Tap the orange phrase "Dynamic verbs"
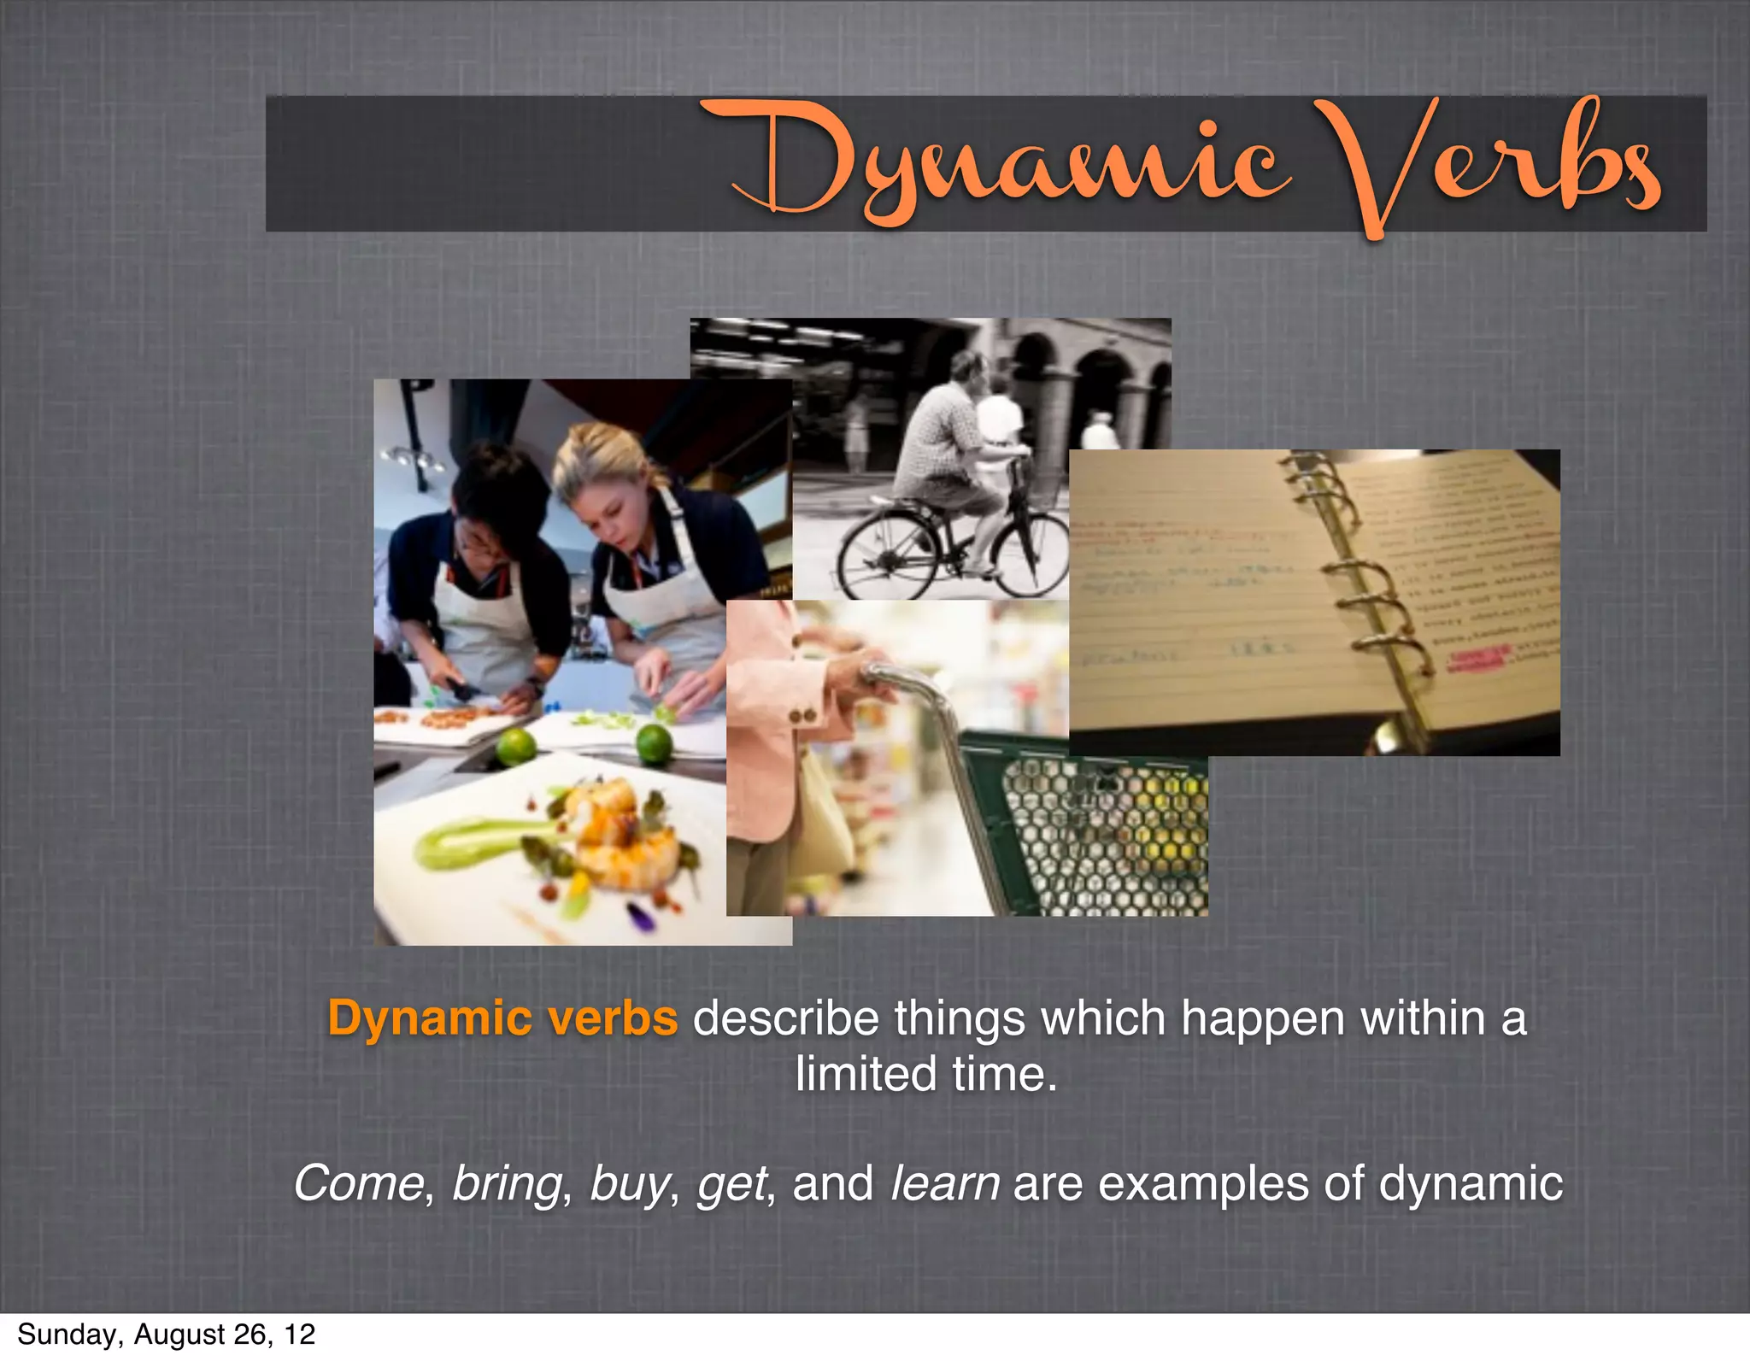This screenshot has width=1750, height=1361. pyautogui.click(x=502, y=1018)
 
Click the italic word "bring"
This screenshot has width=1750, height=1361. pyautogui.click(x=507, y=1183)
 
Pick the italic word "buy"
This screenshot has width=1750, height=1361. pyautogui.click(x=629, y=1185)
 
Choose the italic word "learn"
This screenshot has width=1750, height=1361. pyautogui.click(x=944, y=1183)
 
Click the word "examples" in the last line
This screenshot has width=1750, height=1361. pyautogui.click(x=1202, y=1185)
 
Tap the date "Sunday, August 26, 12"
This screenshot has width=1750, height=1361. pyautogui.click(x=166, y=1334)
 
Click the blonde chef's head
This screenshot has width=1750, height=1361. pyautogui.click(x=598, y=478)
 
